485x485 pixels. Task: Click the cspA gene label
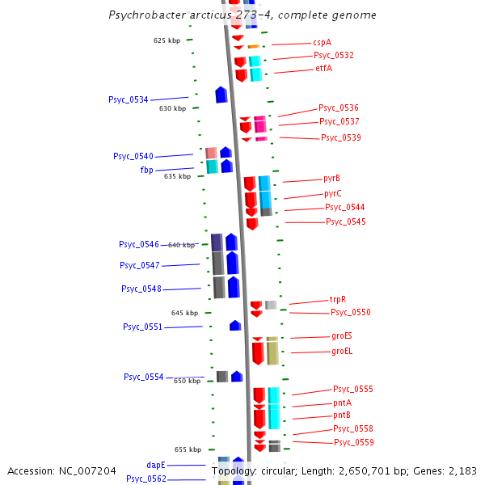point(322,42)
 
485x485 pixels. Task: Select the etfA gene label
point(323,69)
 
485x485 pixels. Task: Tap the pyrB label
point(331,178)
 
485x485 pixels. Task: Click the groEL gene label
point(342,351)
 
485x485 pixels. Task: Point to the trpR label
point(338,299)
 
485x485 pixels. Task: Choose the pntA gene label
point(342,403)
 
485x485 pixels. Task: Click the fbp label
point(146,170)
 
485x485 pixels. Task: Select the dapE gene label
point(156,465)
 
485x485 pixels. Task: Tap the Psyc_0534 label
point(129,99)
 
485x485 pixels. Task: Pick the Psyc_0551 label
point(142,327)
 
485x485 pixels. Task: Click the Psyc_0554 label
point(143,377)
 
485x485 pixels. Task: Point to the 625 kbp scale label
point(167,40)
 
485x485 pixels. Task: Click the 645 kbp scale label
point(184,313)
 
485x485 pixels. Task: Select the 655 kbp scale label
point(188,449)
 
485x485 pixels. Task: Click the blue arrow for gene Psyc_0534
point(221,95)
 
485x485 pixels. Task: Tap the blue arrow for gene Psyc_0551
point(235,326)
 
